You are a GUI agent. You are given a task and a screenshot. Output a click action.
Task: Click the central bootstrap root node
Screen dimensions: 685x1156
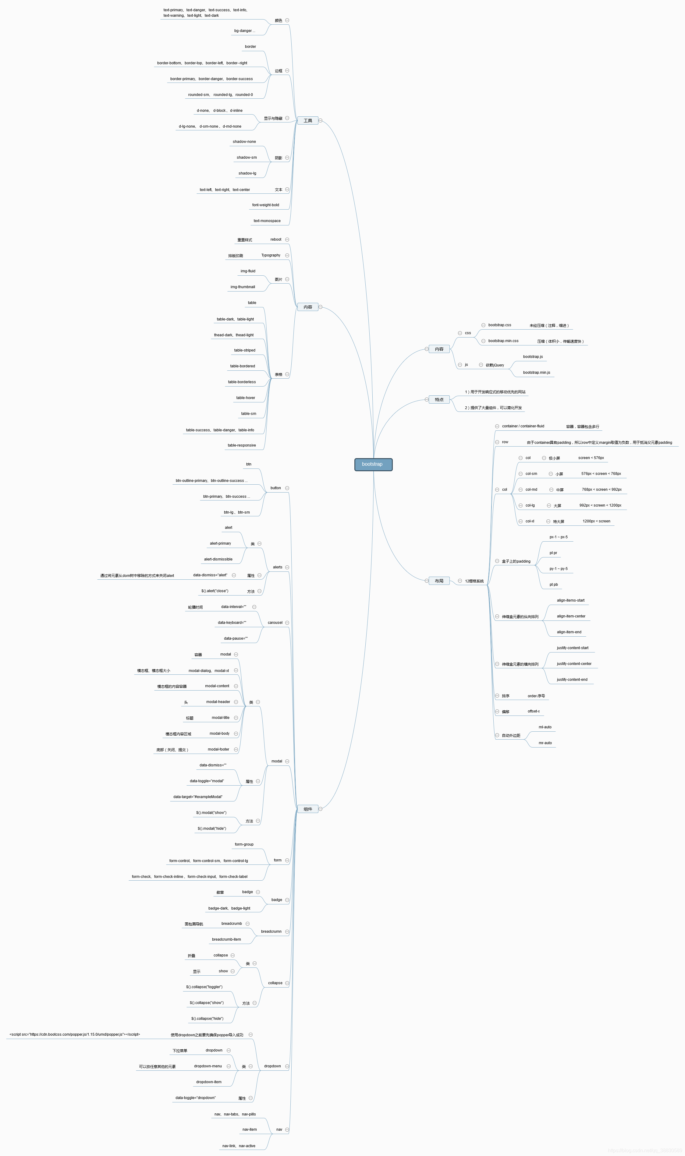tap(373, 464)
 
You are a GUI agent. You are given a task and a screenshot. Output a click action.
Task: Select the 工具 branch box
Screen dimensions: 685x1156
tap(308, 120)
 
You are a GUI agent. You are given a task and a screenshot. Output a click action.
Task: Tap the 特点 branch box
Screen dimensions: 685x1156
tap(439, 399)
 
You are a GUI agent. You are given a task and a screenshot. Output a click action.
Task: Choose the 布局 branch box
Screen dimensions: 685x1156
tap(439, 581)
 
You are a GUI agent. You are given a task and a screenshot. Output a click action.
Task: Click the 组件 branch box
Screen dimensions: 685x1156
tap(308, 809)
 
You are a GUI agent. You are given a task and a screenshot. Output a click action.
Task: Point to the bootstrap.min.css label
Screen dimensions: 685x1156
tap(503, 341)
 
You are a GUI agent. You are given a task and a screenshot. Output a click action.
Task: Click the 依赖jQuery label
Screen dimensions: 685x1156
tap(495, 365)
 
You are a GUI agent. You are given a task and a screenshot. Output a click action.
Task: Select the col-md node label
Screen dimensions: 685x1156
tap(531, 490)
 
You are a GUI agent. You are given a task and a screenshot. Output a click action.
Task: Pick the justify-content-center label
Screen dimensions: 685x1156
tap(574, 664)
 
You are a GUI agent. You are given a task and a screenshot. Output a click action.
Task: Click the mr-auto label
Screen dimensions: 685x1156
tap(545, 743)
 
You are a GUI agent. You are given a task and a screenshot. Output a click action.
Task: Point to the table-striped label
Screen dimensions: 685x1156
tap(245, 350)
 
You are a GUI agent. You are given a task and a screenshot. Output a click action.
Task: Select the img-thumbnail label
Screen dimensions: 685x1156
tap(243, 287)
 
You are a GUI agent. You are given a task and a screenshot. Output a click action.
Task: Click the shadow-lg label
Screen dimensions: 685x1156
tap(247, 173)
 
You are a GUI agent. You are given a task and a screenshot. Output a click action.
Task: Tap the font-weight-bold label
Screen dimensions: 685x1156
tap(265, 205)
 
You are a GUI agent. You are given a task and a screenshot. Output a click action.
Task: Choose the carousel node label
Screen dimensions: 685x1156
tap(275, 623)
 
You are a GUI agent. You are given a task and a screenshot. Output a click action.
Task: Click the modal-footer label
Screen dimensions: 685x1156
tap(218, 749)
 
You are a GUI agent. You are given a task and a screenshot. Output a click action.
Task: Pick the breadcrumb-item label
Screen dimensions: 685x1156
tap(226, 939)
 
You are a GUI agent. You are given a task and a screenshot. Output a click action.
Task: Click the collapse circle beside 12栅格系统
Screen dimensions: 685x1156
tap(460, 581)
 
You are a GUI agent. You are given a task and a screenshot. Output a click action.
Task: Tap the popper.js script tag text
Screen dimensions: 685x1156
tap(75, 1034)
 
